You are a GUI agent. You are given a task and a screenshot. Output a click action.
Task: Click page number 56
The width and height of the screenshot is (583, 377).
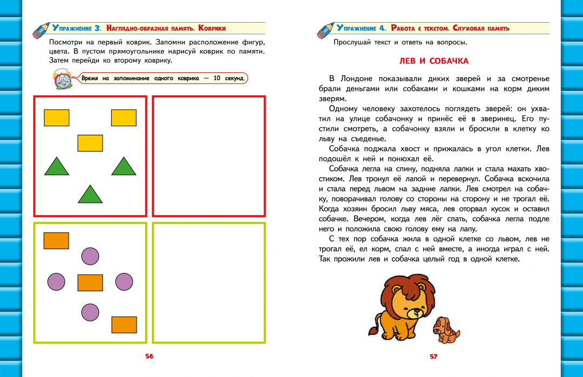(149, 356)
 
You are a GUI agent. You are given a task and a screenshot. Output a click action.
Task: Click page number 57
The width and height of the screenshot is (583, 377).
(433, 356)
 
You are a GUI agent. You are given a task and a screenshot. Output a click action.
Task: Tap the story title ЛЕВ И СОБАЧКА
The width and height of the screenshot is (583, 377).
(433, 61)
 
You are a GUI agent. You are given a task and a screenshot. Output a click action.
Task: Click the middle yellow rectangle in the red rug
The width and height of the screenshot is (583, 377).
(90, 143)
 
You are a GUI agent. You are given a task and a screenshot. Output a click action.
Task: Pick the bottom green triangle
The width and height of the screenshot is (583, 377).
(90, 194)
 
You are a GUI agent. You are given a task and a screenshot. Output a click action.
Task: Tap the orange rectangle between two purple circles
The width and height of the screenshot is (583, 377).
(90, 283)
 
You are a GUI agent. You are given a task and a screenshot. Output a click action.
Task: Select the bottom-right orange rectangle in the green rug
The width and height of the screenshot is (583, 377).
(124, 325)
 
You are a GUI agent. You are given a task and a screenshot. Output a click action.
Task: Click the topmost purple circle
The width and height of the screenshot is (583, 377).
(90, 256)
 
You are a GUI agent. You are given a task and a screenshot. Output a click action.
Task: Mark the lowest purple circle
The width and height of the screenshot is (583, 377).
(90, 312)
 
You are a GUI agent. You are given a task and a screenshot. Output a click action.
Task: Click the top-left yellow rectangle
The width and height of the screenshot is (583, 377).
(56, 118)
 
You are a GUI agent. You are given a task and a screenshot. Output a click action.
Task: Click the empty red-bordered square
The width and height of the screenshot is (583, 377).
(209, 155)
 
